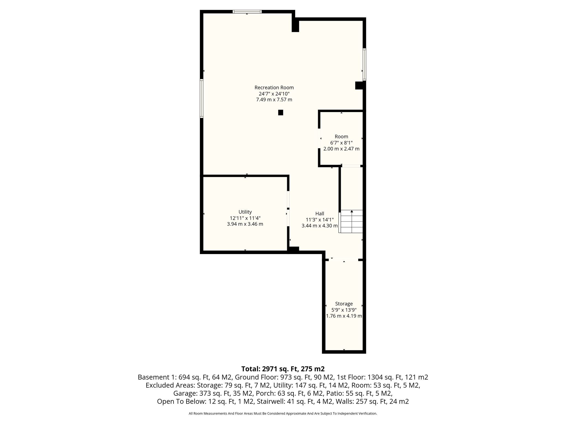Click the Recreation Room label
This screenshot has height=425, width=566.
pyautogui.click(x=274, y=88)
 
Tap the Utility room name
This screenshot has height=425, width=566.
pyautogui.click(x=245, y=212)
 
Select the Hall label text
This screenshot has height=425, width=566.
pyautogui.click(x=320, y=214)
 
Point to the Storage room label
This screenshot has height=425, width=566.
pyautogui.click(x=344, y=304)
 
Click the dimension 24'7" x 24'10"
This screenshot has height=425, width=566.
pyautogui.click(x=274, y=94)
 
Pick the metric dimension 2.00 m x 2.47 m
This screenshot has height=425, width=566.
pyautogui.click(x=341, y=149)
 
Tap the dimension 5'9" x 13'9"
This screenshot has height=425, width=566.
pyautogui.click(x=344, y=310)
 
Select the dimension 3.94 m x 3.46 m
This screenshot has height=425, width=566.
pyautogui.click(x=245, y=224)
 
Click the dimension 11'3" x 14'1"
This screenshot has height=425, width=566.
pyautogui.click(x=320, y=220)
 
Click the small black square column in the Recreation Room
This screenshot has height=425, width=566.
pyautogui.click(x=281, y=113)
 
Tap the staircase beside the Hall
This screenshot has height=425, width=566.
pyautogui.click(x=351, y=222)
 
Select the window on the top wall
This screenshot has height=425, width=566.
pyautogui.click(x=247, y=12)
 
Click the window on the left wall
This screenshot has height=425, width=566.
pyautogui.click(x=201, y=99)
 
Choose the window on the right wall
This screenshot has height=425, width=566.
pyautogui.click(x=365, y=65)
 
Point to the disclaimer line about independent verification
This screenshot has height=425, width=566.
pyautogui.click(x=283, y=414)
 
